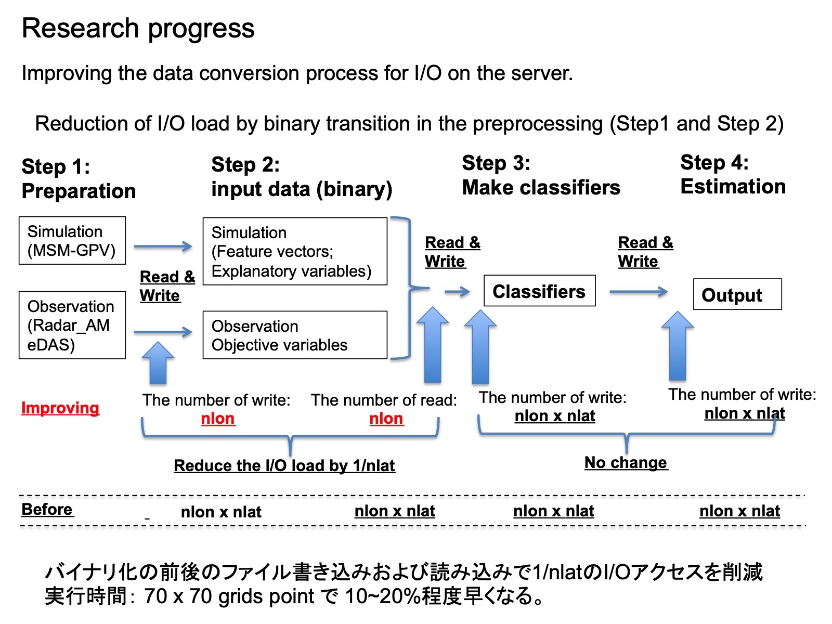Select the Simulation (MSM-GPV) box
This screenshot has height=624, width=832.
72,241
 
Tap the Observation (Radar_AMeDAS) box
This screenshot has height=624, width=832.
72,325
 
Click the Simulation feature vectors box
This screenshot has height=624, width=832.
295,251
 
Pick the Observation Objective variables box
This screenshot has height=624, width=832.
295,335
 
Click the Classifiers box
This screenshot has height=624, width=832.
539,291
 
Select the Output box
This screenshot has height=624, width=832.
737,294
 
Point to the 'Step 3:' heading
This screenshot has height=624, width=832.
496,163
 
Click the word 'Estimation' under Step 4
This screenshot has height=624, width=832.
733,186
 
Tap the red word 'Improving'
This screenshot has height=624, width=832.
60,408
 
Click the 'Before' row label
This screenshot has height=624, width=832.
47,510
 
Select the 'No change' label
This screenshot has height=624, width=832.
626,463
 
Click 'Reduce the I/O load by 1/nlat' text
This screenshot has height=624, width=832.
284,465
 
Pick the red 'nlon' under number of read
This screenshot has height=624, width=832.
386,419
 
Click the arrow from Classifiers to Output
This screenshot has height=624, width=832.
639,292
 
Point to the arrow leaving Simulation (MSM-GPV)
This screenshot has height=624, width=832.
163,246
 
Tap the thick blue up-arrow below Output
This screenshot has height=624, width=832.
678,345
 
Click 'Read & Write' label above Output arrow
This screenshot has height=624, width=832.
645,252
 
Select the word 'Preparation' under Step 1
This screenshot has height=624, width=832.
79,191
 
